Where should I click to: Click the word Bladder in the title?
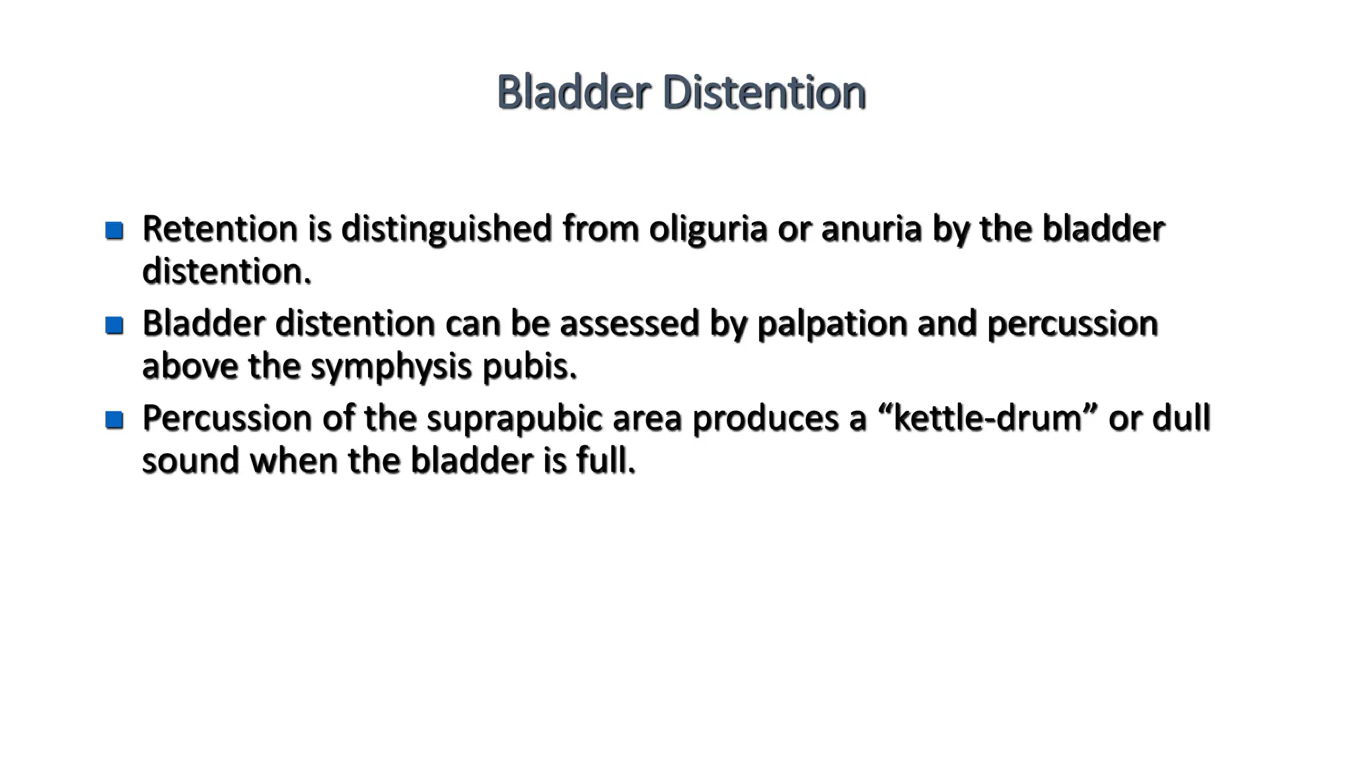click(x=573, y=92)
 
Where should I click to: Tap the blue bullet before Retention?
click(x=114, y=231)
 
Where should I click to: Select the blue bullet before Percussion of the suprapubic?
click(x=114, y=419)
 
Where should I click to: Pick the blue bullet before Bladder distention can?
click(x=114, y=325)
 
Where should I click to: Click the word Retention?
click(x=220, y=229)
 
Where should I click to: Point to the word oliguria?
click(x=708, y=230)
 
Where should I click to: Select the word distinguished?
click(x=446, y=230)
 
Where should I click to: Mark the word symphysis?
click(x=391, y=367)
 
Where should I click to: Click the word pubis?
click(x=530, y=367)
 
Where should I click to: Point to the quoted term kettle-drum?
click(x=987, y=417)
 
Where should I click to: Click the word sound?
click(x=190, y=460)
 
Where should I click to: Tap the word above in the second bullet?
click(x=190, y=366)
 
